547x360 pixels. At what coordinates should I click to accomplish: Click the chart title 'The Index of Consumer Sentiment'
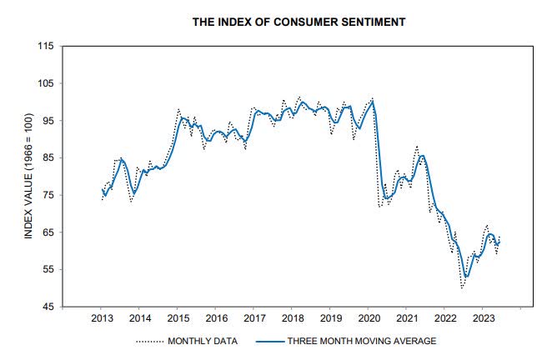pos(299,22)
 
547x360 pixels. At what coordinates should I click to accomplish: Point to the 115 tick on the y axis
pos(46,46)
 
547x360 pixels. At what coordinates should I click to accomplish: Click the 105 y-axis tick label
pos(46,83)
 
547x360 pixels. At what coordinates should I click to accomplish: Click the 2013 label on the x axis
pos(102,318)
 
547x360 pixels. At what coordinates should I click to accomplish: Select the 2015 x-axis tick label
pos(178,318)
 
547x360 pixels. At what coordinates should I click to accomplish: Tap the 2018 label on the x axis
pos(292,318)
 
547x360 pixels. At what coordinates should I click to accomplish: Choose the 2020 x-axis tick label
pos(369,318)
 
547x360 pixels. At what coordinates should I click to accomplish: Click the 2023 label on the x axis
pos(483,318)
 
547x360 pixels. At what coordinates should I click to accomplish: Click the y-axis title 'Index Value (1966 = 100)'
pos(28,176)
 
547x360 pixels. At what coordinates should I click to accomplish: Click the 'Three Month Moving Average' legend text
pos(361,341)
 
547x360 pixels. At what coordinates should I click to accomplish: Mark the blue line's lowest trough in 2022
pos(466,277)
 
